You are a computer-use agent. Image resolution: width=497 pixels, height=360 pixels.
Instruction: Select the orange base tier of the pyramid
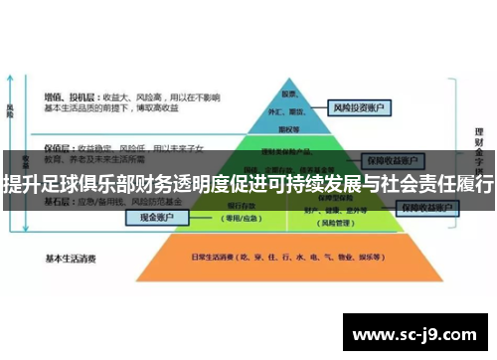298,261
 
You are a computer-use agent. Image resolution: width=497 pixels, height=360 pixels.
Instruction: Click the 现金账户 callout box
155,216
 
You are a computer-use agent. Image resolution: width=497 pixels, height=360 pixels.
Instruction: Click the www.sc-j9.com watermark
418,333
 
